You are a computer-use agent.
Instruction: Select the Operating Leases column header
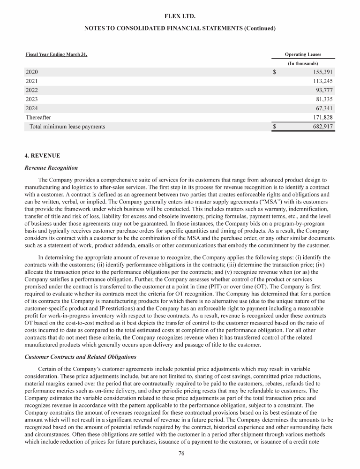(x=303, y=54)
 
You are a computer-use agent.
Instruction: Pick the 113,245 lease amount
(x=321, y=81)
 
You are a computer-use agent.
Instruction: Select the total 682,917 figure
(x=321, y=127)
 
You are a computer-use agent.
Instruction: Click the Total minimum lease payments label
(x=67, y=127)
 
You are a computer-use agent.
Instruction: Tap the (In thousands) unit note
(x=303, y=63)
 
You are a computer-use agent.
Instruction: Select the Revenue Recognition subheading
(x=51, y=167)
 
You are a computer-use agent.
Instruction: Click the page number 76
(x=180, y=454)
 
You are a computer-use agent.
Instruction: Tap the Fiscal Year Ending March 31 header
(x=56, y=54)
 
